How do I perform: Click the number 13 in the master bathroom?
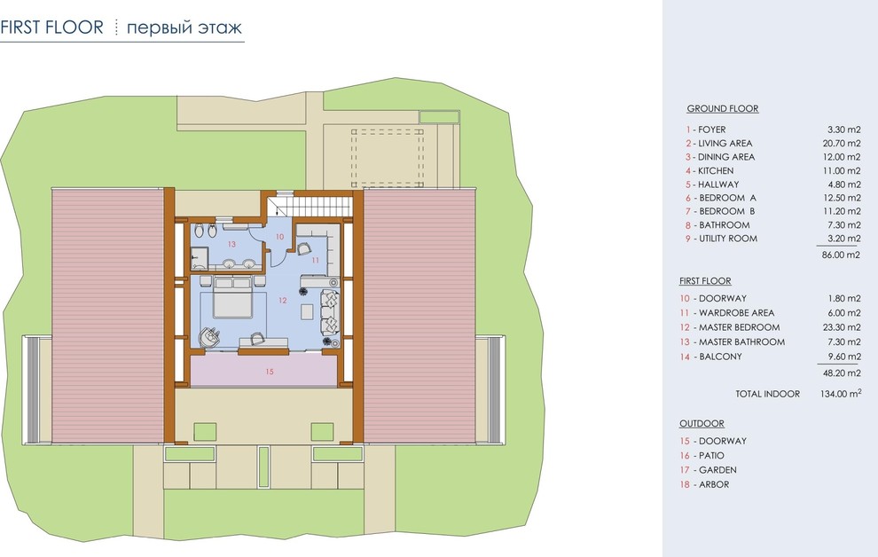tap(231, 244)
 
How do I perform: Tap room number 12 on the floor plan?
tap(282, 301)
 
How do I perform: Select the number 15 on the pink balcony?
tap(270, 372)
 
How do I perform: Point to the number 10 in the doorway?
tap(280, 237)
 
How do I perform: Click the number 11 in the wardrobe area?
tap(315, 260)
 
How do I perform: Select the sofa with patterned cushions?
tap(330, 313)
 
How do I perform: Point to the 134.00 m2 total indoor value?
tap(841, 394)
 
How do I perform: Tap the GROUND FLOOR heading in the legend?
tap(723, 108)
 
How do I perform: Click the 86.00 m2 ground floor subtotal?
tap(841, 255)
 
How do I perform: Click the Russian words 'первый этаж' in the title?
tap(184, 27)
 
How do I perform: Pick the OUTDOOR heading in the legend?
tap(702, 424)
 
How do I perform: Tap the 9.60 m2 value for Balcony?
tap(844, 357)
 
